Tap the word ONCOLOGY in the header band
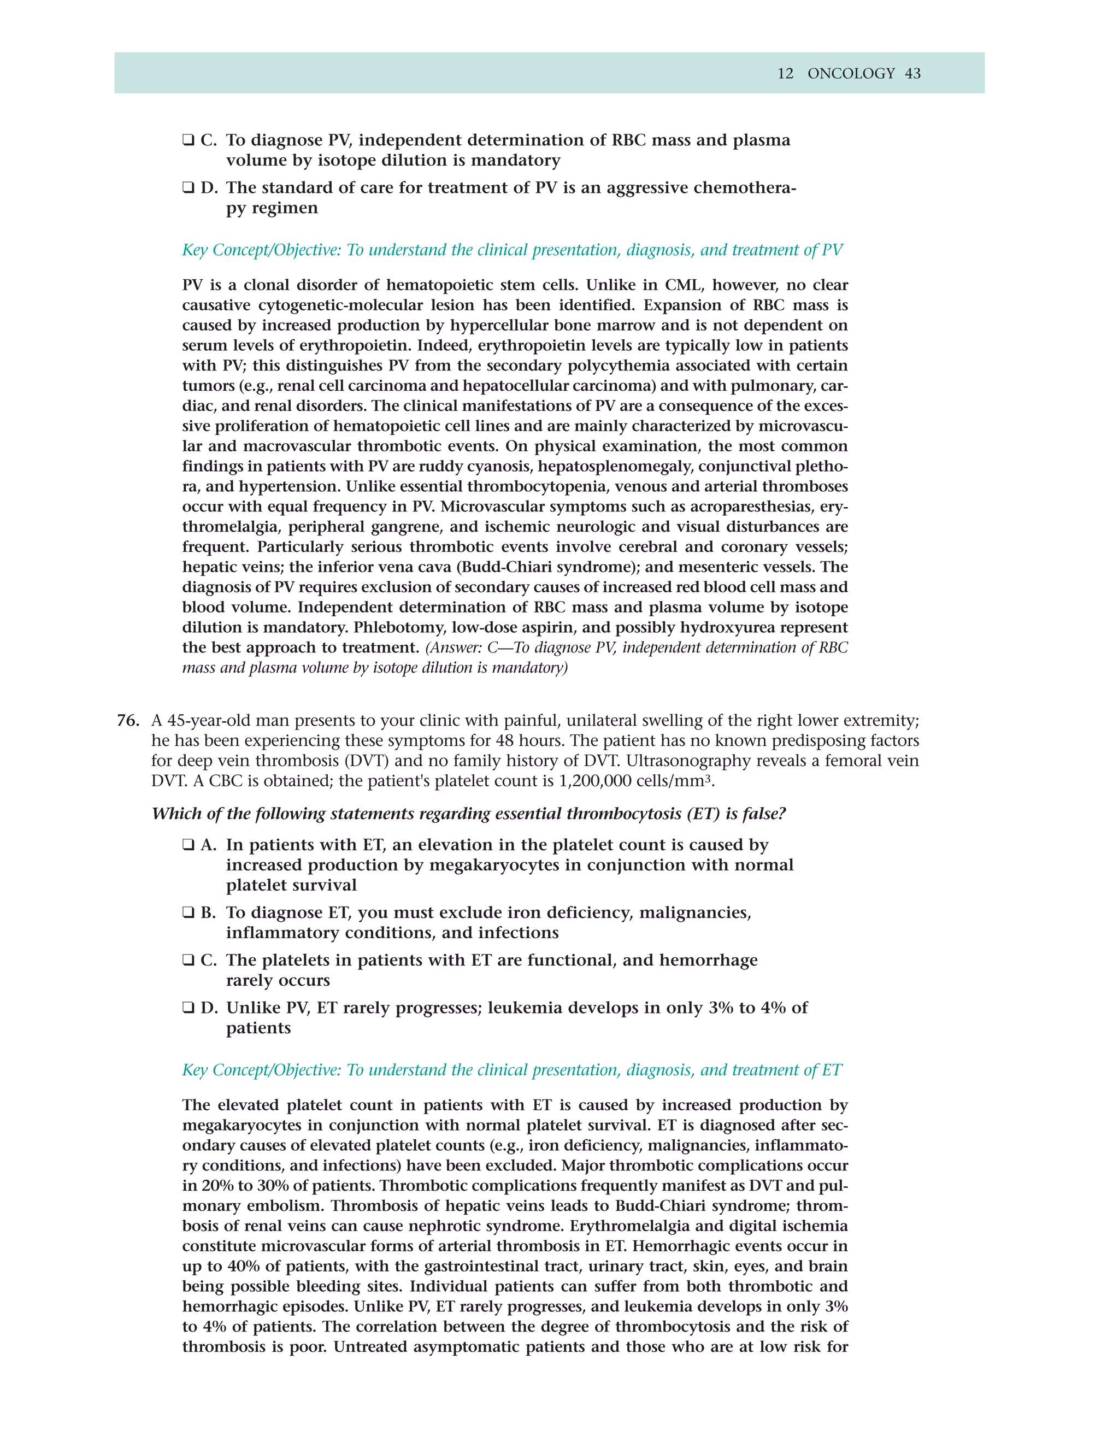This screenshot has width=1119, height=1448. tap(851, 74)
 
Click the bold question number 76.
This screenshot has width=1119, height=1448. tap(127, 720)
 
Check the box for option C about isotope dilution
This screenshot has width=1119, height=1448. tap(189, 140)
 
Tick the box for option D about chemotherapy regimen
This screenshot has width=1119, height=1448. tap(189, 189)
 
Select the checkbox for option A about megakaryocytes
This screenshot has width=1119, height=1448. tap(189, 845)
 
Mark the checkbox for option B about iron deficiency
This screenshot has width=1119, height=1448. tap(189, 913)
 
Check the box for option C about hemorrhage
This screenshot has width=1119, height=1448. tap(189, 961)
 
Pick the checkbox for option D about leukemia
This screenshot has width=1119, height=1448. tap(189, 1009)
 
